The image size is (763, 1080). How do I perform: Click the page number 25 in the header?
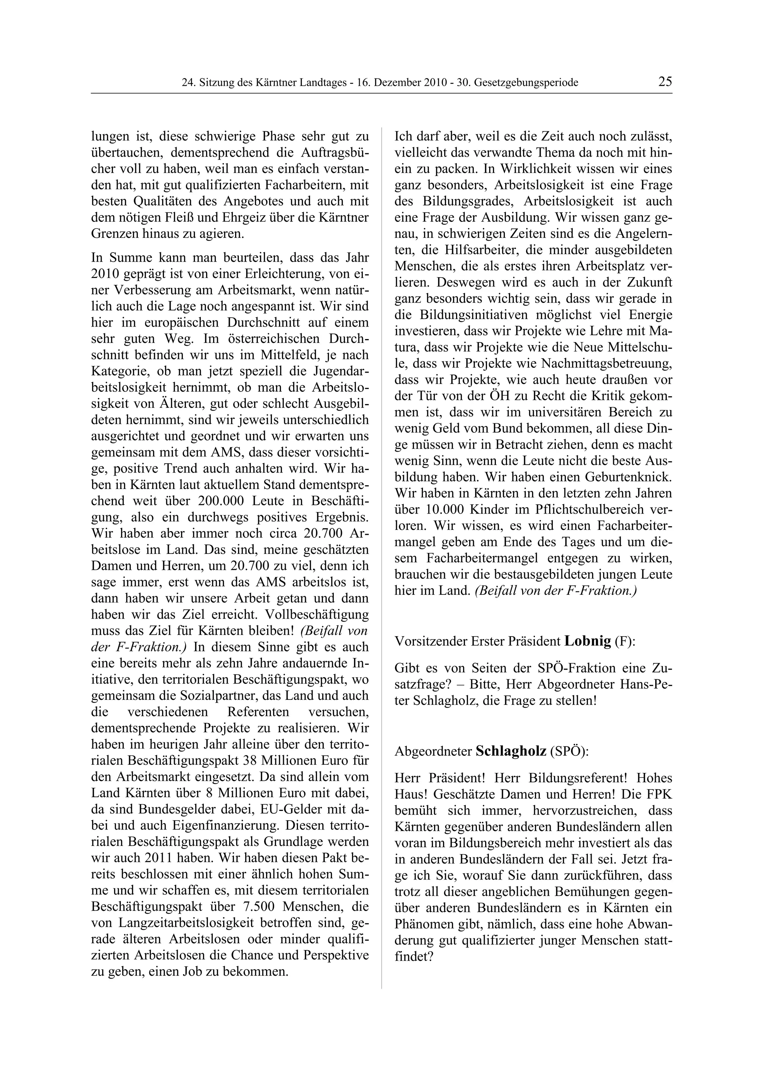[665, 82]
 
